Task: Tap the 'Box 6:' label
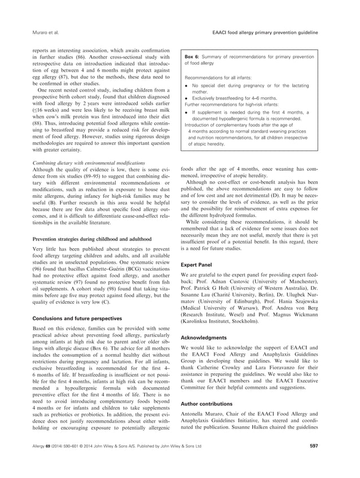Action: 194,57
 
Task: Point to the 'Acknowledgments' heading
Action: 203,338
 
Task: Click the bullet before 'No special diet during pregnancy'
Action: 187,83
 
